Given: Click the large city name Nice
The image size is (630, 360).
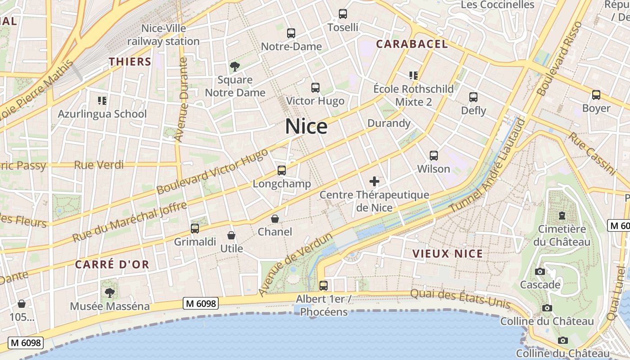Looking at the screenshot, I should (306, 126).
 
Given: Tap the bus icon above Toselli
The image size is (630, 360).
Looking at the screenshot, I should (343, 14).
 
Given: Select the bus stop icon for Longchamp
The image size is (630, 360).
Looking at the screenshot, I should (282, 171).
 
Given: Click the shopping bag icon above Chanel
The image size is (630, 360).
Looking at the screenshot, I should (275, 219).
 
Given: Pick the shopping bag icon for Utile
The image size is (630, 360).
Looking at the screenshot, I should (231, 235).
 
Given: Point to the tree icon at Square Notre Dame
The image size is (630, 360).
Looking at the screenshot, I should (234, 67).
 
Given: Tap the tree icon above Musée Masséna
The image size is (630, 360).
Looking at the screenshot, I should (109, 293).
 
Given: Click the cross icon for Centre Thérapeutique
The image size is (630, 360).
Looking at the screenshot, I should (374, 181).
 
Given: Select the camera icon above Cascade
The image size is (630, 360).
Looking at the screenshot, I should (540, 271).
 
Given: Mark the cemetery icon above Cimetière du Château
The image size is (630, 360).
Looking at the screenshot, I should (562, 216).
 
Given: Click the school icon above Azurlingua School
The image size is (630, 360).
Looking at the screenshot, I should (102, 100).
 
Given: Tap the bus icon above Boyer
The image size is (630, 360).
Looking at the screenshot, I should (596, 95).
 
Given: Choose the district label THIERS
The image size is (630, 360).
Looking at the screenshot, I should (130, 62).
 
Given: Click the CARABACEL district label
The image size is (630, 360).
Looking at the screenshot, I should (412, 44).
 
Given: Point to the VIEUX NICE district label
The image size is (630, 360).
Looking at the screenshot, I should (447, 253).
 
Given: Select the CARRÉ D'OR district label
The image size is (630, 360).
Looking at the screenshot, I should (112, 264).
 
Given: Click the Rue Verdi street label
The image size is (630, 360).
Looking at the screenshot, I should (99, 165).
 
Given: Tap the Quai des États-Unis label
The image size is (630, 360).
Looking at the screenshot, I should (460, 299).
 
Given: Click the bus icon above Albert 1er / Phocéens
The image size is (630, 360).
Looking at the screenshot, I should (323, 285).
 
